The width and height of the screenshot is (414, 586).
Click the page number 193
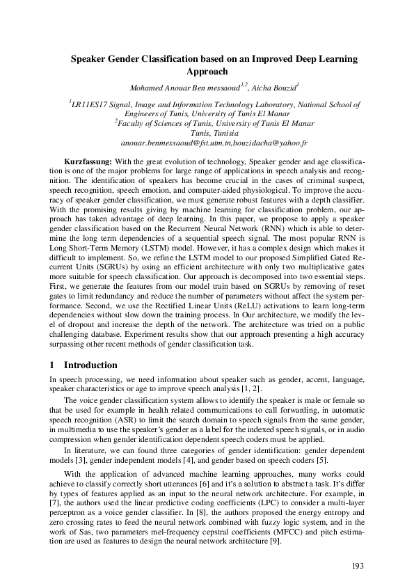pos(358,565)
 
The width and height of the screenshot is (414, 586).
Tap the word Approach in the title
pos(207,71)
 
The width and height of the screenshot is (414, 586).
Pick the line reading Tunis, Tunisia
pos(207,132)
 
